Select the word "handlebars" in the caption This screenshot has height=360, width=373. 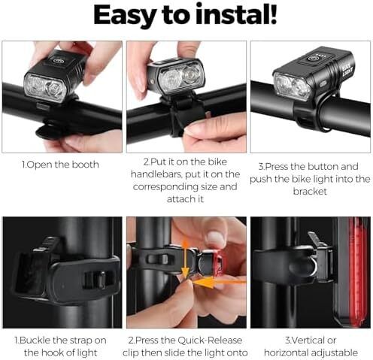(156, 174)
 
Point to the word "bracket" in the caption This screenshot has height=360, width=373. (310, 192)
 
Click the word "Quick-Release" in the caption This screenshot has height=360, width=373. (210, 340)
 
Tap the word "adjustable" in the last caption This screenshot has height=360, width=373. (333, 353)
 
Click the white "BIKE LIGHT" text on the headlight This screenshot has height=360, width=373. (347, 69)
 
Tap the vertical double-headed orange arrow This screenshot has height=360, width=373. (185, 258)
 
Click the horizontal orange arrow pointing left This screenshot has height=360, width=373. (220, 282)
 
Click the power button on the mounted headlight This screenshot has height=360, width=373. (311, 59)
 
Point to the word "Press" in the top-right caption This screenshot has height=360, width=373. (277, 167)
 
